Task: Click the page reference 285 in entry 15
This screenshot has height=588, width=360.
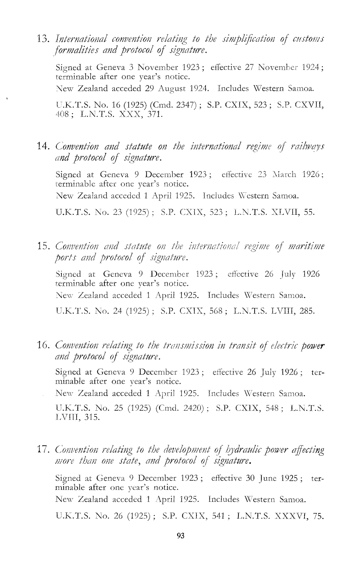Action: click(306, 312)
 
